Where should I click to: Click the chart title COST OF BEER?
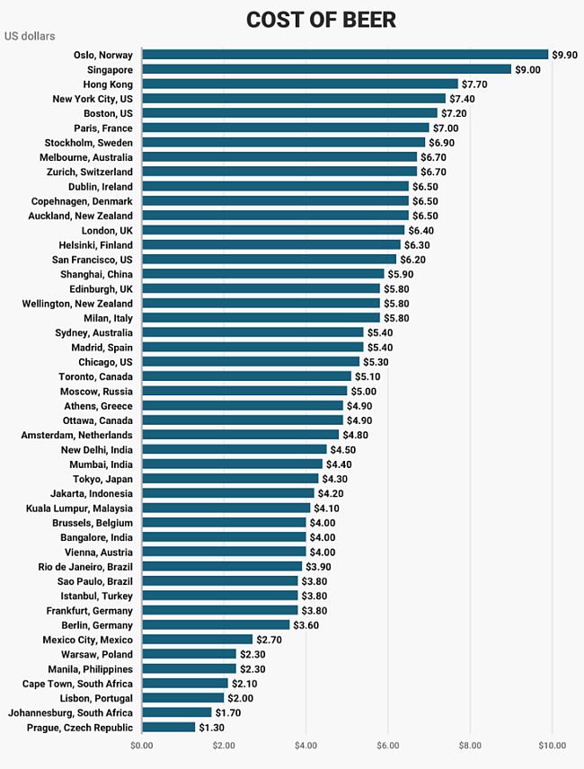(321, 19)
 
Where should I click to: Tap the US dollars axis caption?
(30, 37)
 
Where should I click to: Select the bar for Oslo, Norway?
(344, 55)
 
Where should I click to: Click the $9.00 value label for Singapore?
(527, 69)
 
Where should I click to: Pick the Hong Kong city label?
(108, 84)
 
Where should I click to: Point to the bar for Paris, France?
(285, 128)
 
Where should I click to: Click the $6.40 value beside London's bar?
(420, 230)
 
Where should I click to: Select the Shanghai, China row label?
(96, 274)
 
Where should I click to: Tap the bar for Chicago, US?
(250, 362)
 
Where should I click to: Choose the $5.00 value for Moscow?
(363, 392)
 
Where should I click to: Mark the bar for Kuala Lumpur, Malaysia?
(226, 508)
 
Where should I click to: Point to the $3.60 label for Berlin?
(306, 625)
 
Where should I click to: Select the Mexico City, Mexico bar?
(197, 640)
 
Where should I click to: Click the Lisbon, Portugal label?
(96, 698)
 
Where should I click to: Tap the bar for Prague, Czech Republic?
(168, 728)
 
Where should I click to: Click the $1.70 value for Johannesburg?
(228, 713)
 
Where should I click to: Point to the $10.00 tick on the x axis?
(552, 746)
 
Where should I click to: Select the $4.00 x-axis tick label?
(305, 746)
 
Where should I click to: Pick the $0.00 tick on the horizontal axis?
(141, 746)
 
